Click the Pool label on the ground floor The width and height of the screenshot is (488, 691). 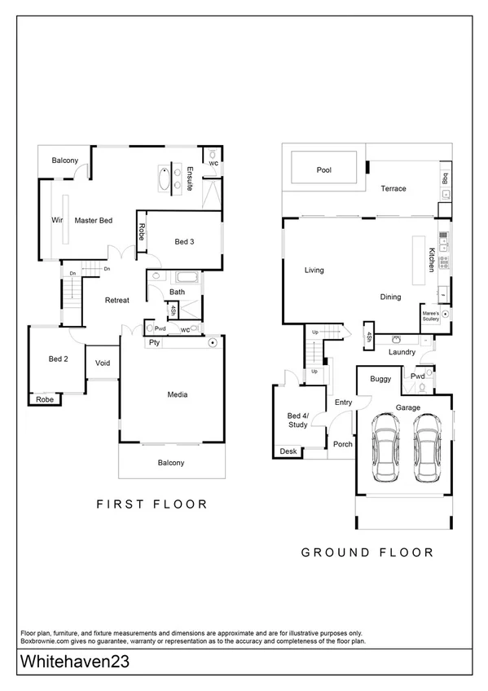tap(323, 170)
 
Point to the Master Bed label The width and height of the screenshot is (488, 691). tap(94, 220)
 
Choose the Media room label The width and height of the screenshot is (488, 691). tap(178, 395)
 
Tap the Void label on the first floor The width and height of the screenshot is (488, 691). tap(103, 363)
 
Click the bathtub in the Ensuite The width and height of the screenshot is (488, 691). tap(165, 177)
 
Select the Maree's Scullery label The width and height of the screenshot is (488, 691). tap(431, 316)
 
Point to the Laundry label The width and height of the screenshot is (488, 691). tap(402, 352)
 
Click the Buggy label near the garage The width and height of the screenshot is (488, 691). tap(380, 379)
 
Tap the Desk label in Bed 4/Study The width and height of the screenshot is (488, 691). tap(288, 451)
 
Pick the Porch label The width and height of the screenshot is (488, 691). tap(342, 444)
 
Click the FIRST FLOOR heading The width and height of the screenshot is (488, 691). tap(152, 504)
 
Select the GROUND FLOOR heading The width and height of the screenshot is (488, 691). tap(367, 552)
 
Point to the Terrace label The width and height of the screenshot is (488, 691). tap(393, 189)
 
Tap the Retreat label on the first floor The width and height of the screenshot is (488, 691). tap(117, 301)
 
